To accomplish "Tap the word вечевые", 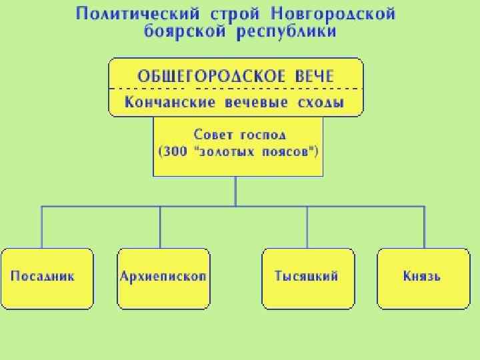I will tap(256, 102).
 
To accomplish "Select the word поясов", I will tap(288, 151).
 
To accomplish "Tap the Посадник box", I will tap(47, 278).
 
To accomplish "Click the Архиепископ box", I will tap(163, 278).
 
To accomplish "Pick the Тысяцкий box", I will tap(307, 278).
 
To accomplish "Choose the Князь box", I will tap(423, 278).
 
